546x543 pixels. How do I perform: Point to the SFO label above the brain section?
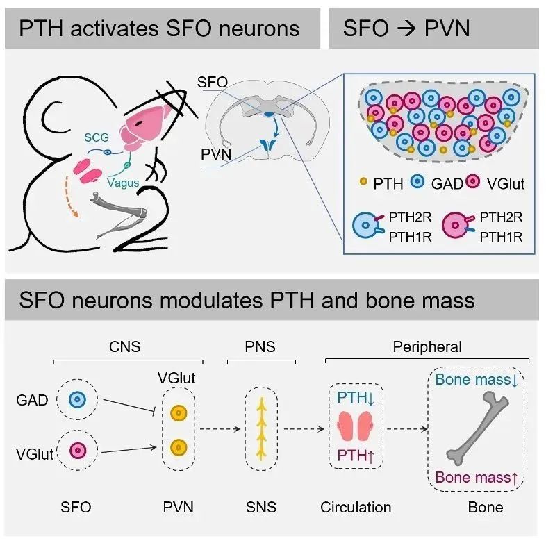[x=213, y=82]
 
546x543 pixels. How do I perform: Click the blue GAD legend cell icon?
[x=419, y=183]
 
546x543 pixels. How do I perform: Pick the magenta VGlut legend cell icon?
[x=475, y=183]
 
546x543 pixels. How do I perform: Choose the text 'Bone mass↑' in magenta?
[x=479, y=476]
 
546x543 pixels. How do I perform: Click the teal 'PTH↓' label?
[x=356, y=398]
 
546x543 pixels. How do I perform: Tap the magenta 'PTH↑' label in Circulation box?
[x=356, y=456]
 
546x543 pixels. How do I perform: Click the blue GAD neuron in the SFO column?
[x=78, y=400]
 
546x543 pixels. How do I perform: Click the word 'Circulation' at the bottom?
[x=356, y=508]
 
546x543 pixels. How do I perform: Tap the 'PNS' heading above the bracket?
[x=261, y=346]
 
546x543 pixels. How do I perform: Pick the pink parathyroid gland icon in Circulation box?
[x=356, y=427]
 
